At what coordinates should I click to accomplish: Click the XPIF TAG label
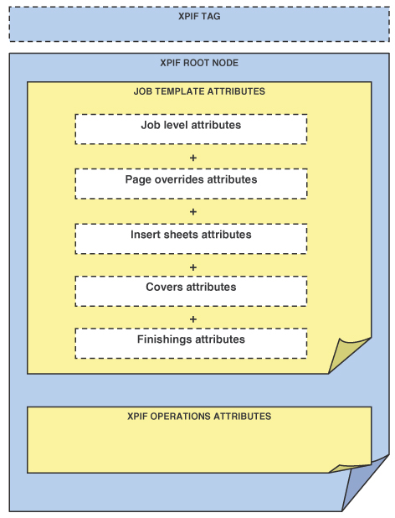tap(199, 16)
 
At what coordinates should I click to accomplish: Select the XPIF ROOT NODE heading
tap(199, 63)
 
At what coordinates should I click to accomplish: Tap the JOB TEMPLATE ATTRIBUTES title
tap(199, 91)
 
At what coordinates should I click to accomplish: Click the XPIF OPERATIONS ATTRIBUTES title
tap(199, 416)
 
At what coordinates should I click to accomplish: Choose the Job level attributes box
tap(192, 129)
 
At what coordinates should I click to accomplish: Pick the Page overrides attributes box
tap(192, 184)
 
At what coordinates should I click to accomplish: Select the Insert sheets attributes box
tap(192, 239)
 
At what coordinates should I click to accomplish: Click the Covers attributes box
tap(192, 291)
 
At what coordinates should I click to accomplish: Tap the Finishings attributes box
tap(192, 344)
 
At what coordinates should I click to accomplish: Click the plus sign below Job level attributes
tap(193, 158)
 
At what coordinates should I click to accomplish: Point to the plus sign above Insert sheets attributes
tap(193, 212)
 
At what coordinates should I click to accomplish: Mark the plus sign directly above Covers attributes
tap(193, 267)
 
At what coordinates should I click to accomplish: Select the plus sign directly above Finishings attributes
tap(193, 319)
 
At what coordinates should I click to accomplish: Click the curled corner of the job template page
tap(346, 354)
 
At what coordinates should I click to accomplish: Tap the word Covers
tap(165, 287)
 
